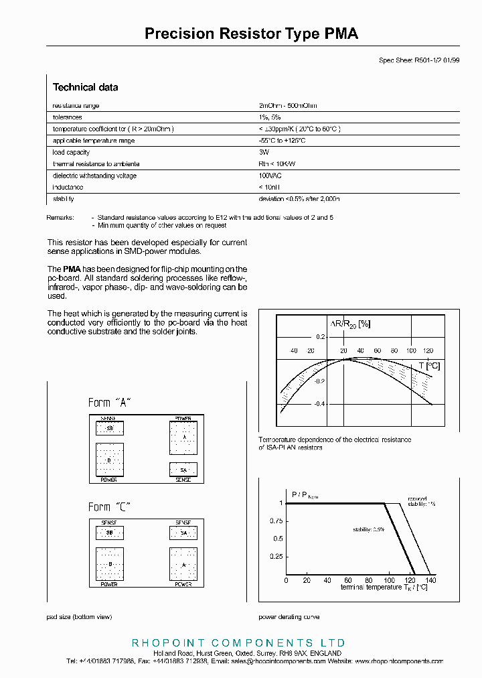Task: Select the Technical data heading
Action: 85,87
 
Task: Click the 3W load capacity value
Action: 263,153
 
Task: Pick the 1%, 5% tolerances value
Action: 269,117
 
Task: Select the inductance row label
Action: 68,188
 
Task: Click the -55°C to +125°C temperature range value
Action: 282,141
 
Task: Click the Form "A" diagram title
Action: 109,403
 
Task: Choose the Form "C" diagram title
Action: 109,507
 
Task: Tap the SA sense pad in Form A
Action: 183,470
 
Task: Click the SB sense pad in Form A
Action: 110,428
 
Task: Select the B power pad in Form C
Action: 110,564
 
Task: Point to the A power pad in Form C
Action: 183,564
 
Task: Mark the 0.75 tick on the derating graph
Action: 275,521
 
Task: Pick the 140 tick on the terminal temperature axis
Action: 430,580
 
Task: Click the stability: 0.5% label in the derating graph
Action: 369,529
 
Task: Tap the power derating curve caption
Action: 289,617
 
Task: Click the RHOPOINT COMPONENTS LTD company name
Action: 238,642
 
